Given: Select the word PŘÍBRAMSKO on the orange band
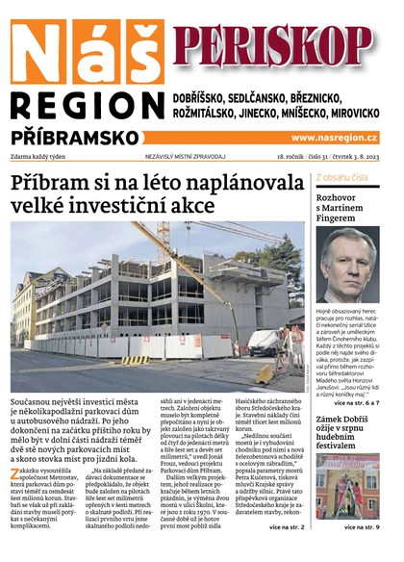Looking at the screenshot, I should pos(77,138).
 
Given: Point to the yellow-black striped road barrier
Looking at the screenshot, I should pos(135,359).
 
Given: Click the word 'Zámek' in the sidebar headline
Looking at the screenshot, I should pos(332,421).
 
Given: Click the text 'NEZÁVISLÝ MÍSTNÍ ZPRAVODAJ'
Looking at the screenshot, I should pos(184,156).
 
